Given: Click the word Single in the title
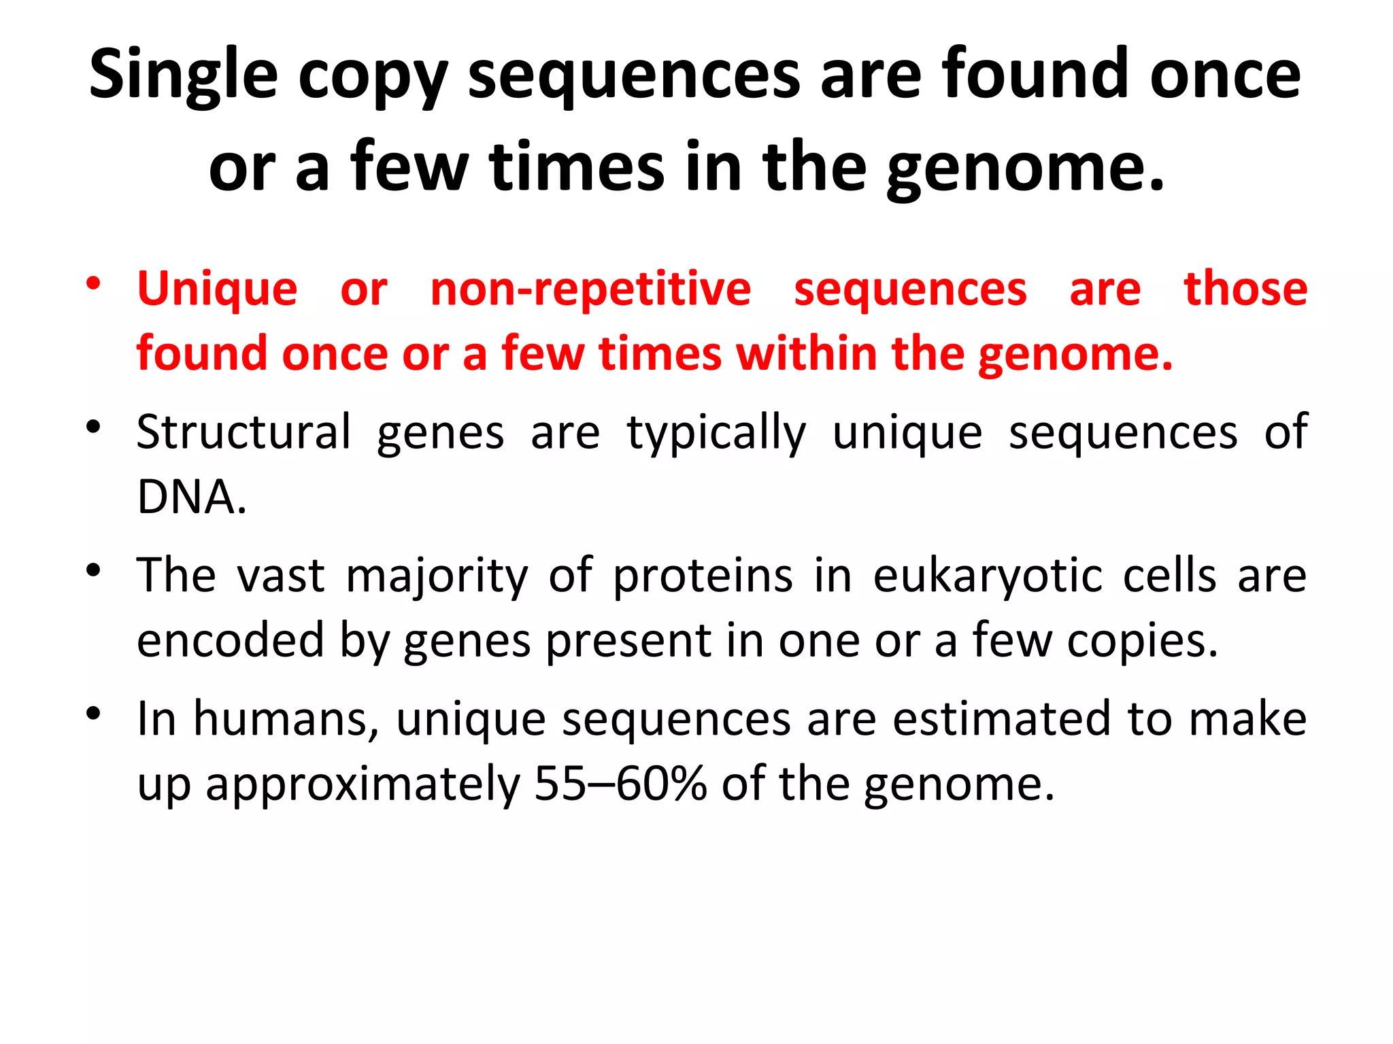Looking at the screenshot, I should point(184,75).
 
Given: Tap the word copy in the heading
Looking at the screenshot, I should point(373,75).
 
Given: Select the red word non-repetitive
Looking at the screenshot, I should point(590,289).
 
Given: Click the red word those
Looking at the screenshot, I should point(1245,289).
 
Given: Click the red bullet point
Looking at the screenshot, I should point(94,283).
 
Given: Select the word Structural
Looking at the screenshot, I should point(244,432).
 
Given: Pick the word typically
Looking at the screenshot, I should point(716,432).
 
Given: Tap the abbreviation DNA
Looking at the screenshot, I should point(191,497).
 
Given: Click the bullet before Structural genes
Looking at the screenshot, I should point(94,428).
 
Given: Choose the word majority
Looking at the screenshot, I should point(436,576).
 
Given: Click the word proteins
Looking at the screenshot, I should point(703,576).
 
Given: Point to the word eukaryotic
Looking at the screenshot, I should point(988,576).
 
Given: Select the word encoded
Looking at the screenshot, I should point(230,640).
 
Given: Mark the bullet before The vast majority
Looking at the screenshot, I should point(94,570).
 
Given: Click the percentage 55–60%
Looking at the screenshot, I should point(620,784).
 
